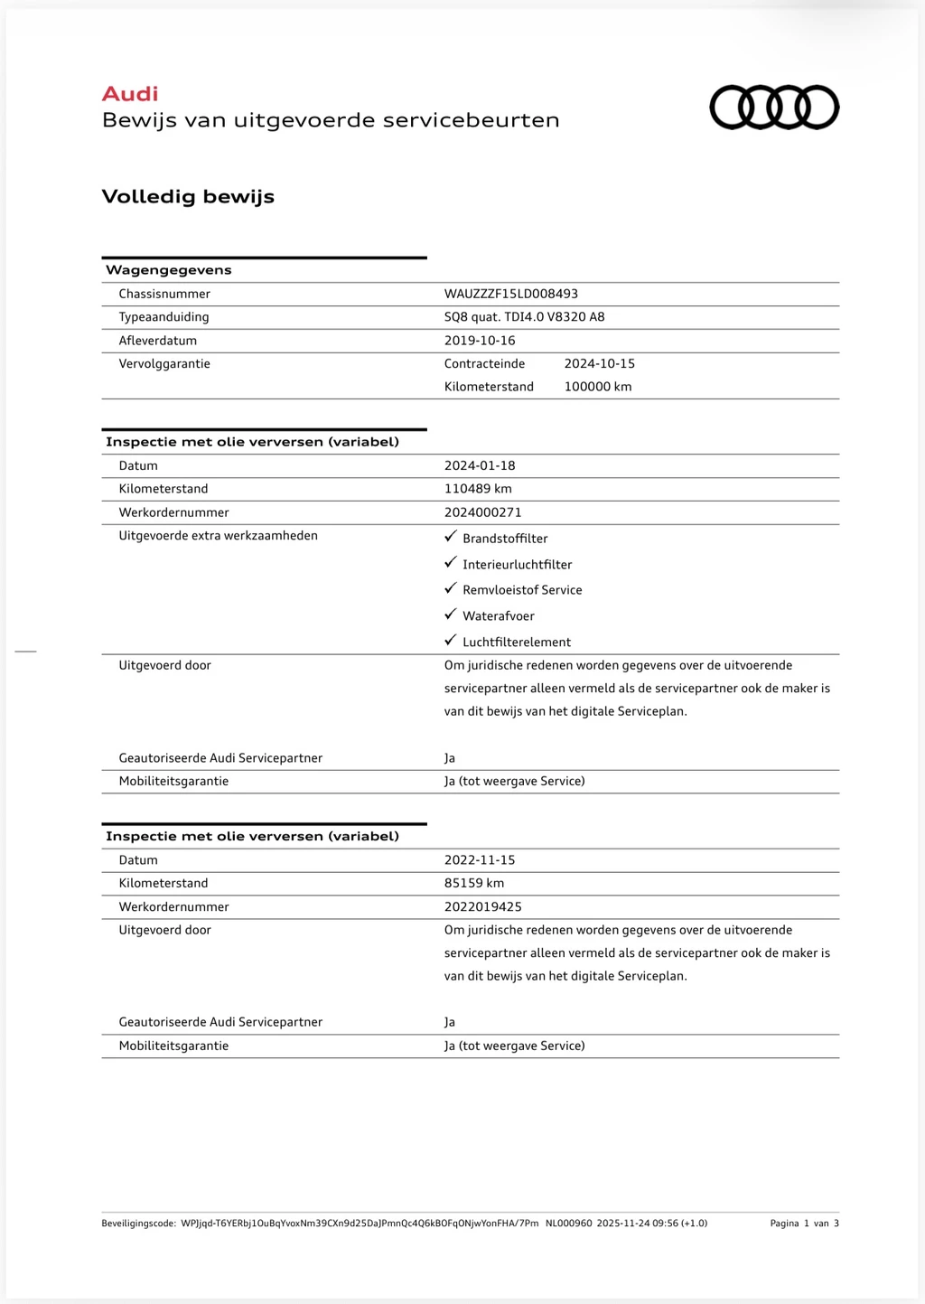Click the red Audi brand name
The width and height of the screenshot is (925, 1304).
coord(130,94)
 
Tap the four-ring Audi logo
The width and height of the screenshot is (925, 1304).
coord(774,108)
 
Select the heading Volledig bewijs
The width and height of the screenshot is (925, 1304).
coord(188,197)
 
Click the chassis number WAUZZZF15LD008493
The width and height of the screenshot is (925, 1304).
coord(510,294)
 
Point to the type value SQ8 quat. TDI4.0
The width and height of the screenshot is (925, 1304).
coord(524,317)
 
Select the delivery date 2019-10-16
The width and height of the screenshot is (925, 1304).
coord(480,341)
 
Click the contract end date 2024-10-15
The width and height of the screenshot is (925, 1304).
coord(599,363)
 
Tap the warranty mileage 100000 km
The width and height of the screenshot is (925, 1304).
coord(597,387)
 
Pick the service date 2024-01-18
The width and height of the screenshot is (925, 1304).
coord(480,465)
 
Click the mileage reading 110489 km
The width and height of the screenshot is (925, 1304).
coord(478,489)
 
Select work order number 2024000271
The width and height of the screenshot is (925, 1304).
coord(482,512)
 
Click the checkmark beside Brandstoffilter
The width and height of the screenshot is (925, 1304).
coord(451,537)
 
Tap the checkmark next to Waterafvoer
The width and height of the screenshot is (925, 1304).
coord(451,614)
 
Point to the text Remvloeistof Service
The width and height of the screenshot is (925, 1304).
coord(522,590)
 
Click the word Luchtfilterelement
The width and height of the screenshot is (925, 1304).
coord(517,643)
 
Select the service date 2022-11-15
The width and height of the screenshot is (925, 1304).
coord(480,860)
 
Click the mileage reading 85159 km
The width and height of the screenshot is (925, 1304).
coord(474,883)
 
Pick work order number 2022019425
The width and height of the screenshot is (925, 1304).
coord(482,906)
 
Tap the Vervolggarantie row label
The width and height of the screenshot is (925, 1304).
coord(164,363)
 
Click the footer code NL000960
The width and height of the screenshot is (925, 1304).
coord(568,1224)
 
